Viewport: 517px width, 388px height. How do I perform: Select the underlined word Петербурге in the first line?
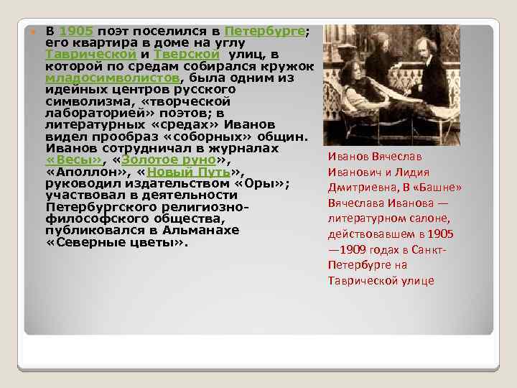(x=265, y=32)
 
